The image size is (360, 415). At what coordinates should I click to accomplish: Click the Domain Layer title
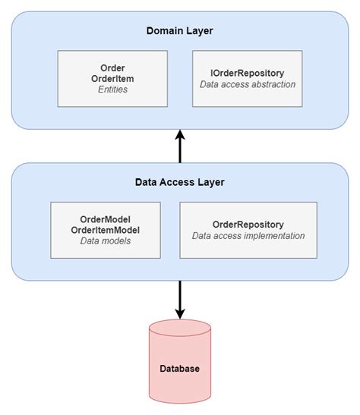[x=180, y=31]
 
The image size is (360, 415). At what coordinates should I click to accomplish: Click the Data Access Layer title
[x=180, y=182]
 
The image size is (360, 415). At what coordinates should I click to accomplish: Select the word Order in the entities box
[x=112, y=68]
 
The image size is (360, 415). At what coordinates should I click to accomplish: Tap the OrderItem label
[x=112, y=79]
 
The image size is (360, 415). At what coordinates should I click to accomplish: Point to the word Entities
[x=112, y=90]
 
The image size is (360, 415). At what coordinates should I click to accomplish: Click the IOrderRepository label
[x=247, y=73]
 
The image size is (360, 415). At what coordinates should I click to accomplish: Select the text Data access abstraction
[x=247, y=84]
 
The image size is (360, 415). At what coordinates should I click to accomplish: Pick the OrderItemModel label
[x=106, y=230]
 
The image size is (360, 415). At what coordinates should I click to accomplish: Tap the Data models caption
[x=106, y=241]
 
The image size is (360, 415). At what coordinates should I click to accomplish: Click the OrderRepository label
[x=248, y=225]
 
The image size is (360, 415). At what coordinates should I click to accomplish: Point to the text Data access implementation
[x=248, y=236]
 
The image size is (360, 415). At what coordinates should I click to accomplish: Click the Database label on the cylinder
[x=180, y=369]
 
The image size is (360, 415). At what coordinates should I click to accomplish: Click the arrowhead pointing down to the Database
[x=180, y=313]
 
